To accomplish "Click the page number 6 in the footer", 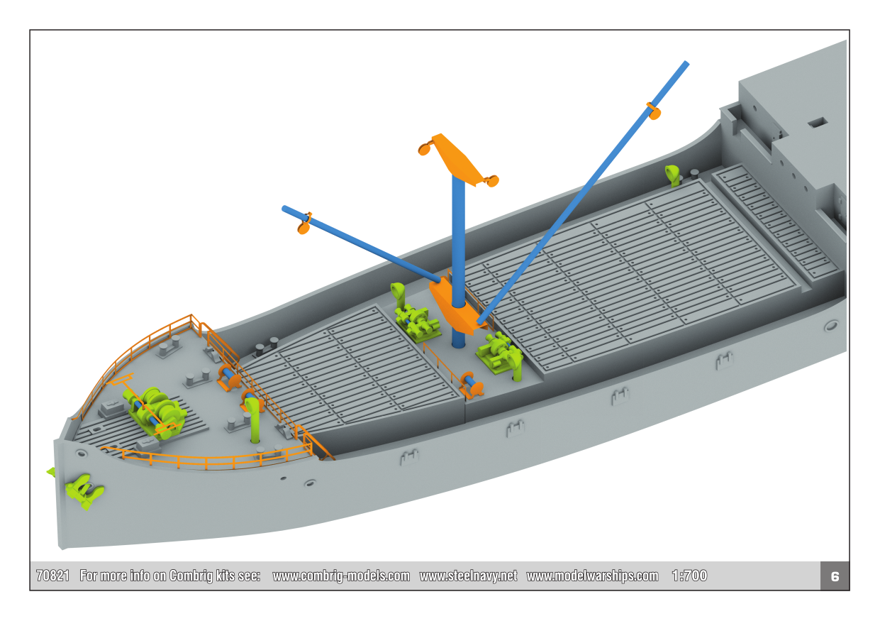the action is [835, 576].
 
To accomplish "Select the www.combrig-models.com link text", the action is [341, 576].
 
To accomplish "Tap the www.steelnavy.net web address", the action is [468, 576].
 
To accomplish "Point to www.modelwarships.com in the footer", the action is [592, 576].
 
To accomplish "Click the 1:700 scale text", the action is [689, 576].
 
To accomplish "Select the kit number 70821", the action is [52, 576].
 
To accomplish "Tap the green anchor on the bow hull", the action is [84, 491].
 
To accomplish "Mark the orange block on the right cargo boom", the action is [654, 111].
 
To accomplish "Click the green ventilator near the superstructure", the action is [672, 175].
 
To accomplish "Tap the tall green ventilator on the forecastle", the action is [253, 419].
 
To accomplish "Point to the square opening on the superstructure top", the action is [818, 123].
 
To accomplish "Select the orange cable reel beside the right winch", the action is [471, 384].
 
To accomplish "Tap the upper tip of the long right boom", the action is [686, 63].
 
